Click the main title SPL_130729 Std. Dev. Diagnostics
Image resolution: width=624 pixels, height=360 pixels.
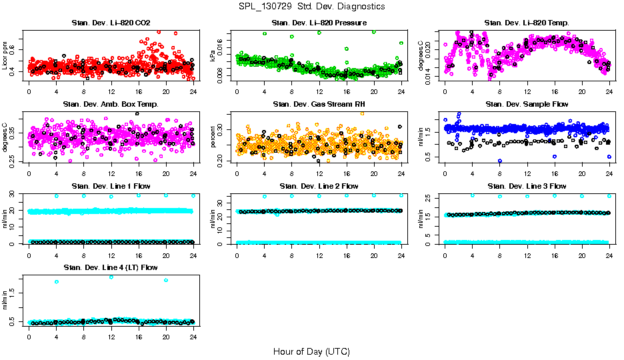[311, 6]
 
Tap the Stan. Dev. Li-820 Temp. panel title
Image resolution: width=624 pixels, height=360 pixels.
[527, 23]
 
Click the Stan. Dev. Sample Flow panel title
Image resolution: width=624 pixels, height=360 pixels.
[527, 105]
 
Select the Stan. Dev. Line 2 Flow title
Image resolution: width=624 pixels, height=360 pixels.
[319, 186]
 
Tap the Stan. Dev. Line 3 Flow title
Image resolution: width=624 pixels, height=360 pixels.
[527, 186]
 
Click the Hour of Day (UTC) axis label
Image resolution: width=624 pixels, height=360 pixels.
[311, 351]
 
